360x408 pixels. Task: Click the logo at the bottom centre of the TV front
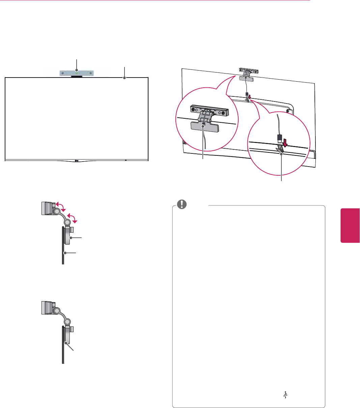[77, 161]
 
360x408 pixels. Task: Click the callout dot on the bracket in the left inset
[203, 124]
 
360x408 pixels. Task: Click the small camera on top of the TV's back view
[249, 71]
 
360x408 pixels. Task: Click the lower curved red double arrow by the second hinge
[73, 217]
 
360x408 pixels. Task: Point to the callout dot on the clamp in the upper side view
[71, 238]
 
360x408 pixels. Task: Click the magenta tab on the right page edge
[350, 225]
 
